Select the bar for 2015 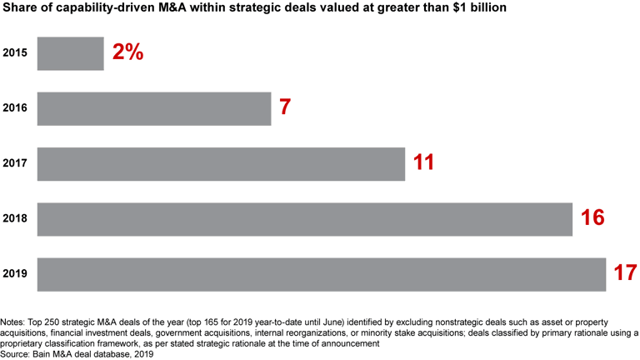click(x=71, y=53)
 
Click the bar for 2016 click(x=154, y=108)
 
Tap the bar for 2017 click(x=221, y=163)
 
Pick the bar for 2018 click(x=305, y=218)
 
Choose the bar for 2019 click(x=322, y=274)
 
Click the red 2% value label click(x=127, y=52)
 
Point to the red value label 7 click(x=285, y=107)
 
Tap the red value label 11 click(x=423, y=162)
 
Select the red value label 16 click(x=592, y=217)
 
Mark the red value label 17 click(x=624, y=272)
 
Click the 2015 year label click(x=16, y=53)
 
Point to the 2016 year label click(x=16, y=108)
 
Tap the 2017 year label click(x=16, y=163)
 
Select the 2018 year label click(x=16, y=218)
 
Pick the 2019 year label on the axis click(x=16, y=274)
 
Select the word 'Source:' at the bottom click(x=17, y=353)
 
